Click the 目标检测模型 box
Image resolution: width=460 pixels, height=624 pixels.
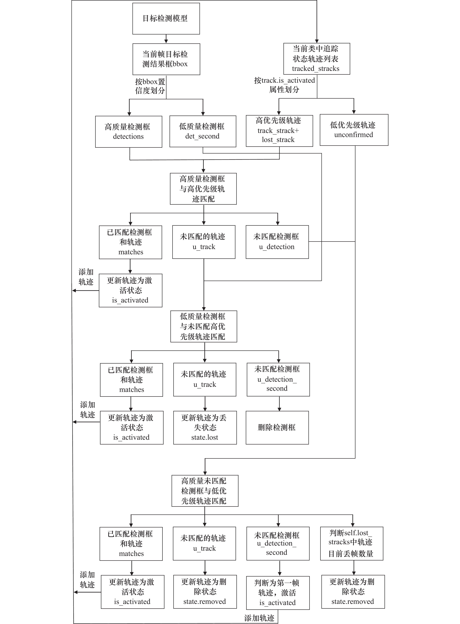pos(166,19)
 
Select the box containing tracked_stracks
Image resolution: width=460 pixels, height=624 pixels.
pos(317,59)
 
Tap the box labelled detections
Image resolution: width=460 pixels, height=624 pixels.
pos(129,132)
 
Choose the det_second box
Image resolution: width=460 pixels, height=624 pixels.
pos(203,131)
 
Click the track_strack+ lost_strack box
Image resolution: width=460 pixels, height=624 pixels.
pos(279,131)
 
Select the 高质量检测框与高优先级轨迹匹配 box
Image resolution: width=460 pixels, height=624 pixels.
pos(203,189)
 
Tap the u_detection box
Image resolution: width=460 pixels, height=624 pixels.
pos(277,242)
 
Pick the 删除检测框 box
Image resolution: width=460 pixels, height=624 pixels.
pos(277,427)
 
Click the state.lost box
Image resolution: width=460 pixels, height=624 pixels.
pos(205,427)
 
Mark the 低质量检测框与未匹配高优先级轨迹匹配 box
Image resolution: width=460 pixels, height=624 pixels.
pos(204,326)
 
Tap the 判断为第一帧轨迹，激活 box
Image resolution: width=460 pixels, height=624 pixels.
pos(278,593)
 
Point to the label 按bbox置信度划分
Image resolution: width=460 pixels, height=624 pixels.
pos(150,86)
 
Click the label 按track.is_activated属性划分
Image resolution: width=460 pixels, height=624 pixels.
pos(284,85)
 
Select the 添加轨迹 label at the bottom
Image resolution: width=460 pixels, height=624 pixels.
pos(259,618)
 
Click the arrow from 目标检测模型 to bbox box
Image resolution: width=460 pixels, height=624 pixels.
pos(166,39)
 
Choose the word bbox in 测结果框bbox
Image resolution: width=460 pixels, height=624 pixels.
pos(180,64)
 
